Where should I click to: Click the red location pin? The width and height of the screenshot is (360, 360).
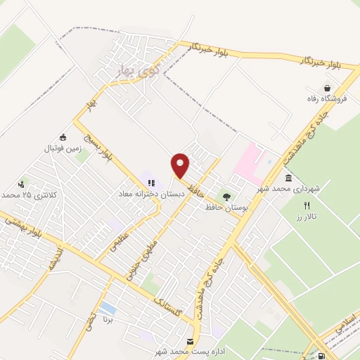pyautogui.click(x=181, y=165)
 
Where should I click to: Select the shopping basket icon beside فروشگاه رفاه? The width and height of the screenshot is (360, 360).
pyautogui.click(x=328, y=87)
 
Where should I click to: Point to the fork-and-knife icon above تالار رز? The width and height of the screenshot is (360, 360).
pyautogui.click(x=306, y=205)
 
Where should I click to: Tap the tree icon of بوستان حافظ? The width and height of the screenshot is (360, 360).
pyautogui.click(x=226, y=197)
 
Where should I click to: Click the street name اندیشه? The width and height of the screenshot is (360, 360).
pyautogui.click(x=55, y=259)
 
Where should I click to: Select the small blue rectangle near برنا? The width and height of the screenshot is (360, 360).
pyautogui.click(x=108, y=308)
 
